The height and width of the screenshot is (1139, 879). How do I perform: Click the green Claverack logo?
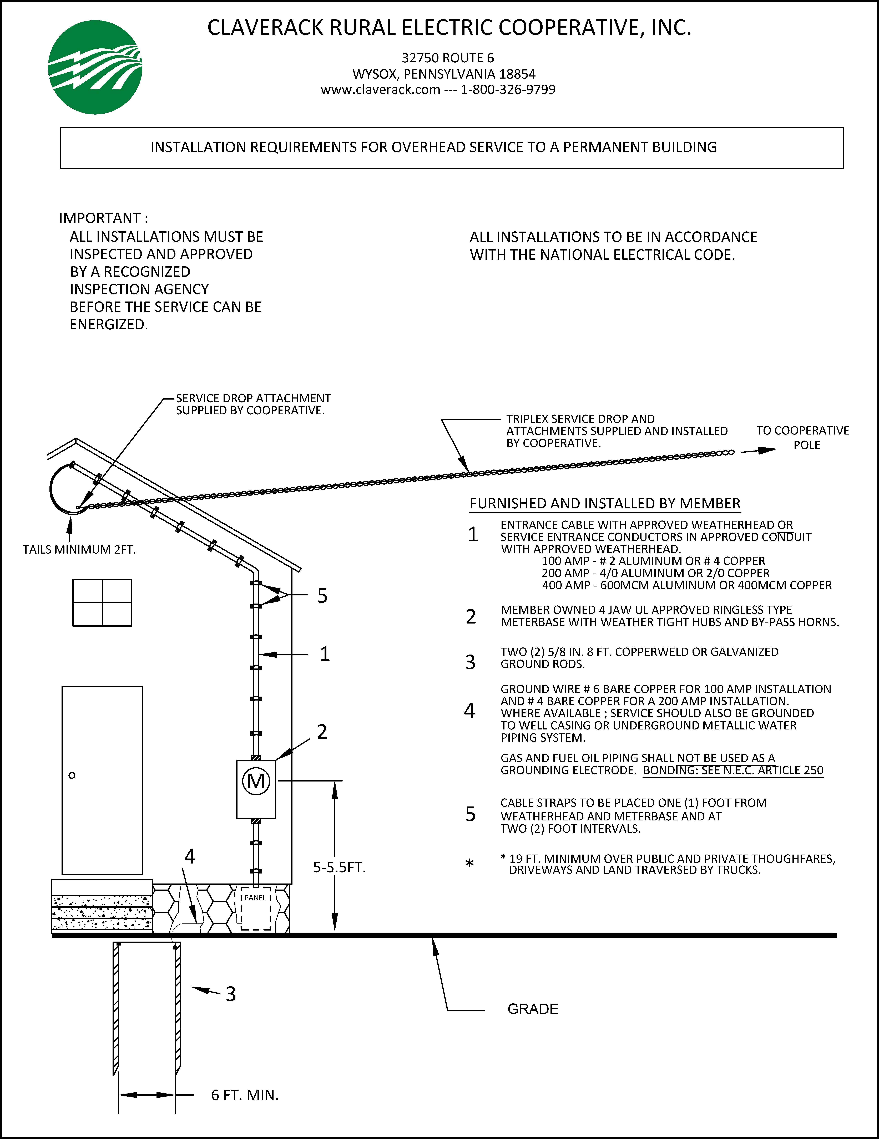tap(95, 67)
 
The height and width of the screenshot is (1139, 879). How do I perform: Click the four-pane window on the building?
tap(102, 602)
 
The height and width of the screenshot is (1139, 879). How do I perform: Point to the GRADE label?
tap(533, 1009)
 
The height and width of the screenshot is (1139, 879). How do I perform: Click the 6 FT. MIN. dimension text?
tap(245, 1095)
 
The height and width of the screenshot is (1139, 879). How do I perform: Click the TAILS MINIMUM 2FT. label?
tap(79, 550)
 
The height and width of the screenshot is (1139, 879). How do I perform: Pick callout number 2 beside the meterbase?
tap(322, 732)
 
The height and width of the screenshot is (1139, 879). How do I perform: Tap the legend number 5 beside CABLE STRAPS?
tap(471, 814)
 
